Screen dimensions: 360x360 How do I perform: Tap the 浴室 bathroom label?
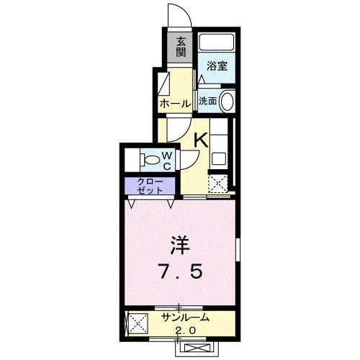[217, 66]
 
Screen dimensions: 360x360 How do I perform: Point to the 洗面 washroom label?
[207, 102]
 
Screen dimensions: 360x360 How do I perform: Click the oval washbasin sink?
[228, 102]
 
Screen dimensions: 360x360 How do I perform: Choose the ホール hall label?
[175, 104]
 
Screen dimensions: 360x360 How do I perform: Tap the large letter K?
[202, 139]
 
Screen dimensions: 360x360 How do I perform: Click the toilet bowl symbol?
[152, 158]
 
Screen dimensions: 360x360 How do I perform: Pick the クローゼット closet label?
[149, 185]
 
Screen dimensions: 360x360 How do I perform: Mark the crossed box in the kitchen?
[218, 184]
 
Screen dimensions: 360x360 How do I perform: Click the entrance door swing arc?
[177, 14]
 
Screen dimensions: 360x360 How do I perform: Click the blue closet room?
[149, 186]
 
